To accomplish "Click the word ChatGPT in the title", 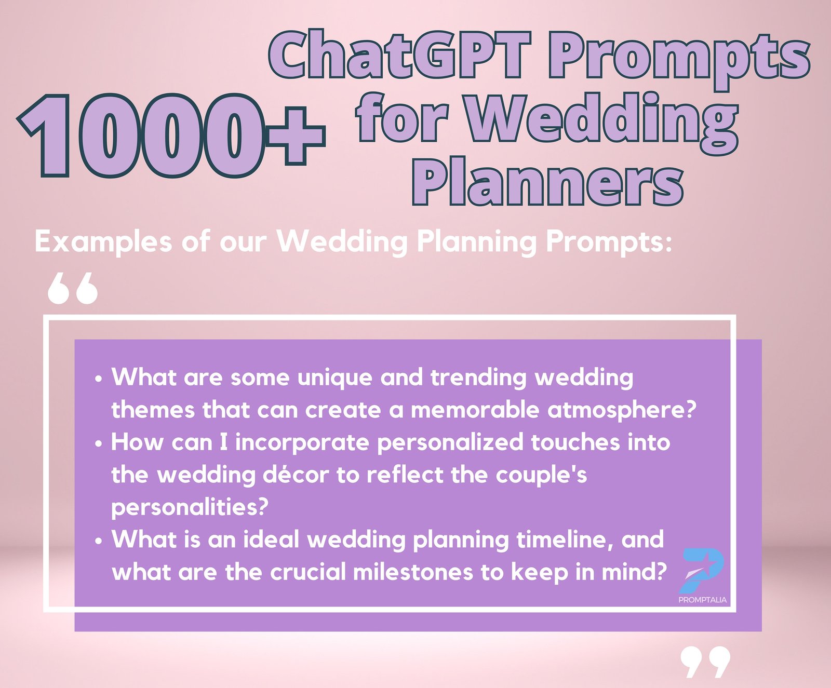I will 399,55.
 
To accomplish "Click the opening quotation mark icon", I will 72,288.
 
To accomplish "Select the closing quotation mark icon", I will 705,662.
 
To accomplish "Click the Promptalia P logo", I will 702,570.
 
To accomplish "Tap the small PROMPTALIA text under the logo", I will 702,600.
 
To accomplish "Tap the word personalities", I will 190,507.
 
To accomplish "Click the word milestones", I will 413,572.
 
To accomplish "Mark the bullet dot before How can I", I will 99,444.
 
